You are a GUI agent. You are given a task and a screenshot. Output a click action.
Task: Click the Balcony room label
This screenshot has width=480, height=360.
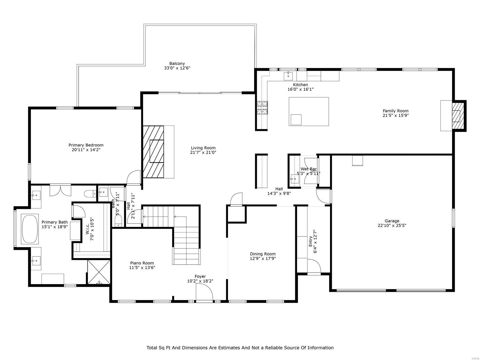point(177,64)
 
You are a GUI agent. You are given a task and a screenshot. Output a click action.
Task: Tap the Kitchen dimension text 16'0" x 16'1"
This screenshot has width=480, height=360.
point(300,89)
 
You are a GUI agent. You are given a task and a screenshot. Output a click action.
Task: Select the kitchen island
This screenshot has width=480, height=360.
point(309,111)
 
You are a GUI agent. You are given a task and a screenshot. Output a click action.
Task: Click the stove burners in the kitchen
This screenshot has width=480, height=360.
point(262,108)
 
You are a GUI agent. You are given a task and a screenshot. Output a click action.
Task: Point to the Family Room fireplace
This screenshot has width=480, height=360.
point(458,115)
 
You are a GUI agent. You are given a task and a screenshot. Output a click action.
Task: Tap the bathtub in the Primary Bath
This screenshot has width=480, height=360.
point(29,229)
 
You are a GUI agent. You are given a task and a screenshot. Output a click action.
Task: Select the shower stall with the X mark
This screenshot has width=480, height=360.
point(99,272)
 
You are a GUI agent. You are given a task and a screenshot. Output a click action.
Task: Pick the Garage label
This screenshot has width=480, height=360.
point(392,221)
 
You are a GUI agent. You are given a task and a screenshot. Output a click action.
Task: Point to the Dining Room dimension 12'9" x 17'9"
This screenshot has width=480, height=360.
point(262,258)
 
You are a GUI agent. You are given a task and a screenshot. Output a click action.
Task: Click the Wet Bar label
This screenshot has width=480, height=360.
point(309,169)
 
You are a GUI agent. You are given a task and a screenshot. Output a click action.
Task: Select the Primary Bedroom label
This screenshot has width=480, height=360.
point(86,145)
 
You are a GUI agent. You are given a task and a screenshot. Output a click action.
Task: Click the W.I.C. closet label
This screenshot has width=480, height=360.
point(87,232)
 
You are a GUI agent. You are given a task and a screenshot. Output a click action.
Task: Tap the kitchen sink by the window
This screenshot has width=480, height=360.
point(288,76)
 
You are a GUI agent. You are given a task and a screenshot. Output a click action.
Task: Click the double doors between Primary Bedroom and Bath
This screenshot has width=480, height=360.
point(60,190)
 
